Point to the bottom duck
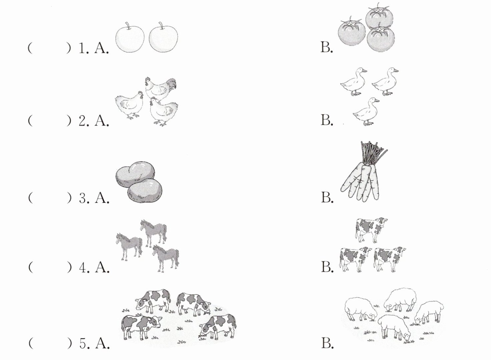[x=366, y=111]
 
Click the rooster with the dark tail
[x=160, y=89]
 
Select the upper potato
[x=135, y=174]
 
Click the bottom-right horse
[x=166, y=259]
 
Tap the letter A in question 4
[x=102, y=267]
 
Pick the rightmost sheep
[x=429, y=312]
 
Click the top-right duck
[x=385, y=81]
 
